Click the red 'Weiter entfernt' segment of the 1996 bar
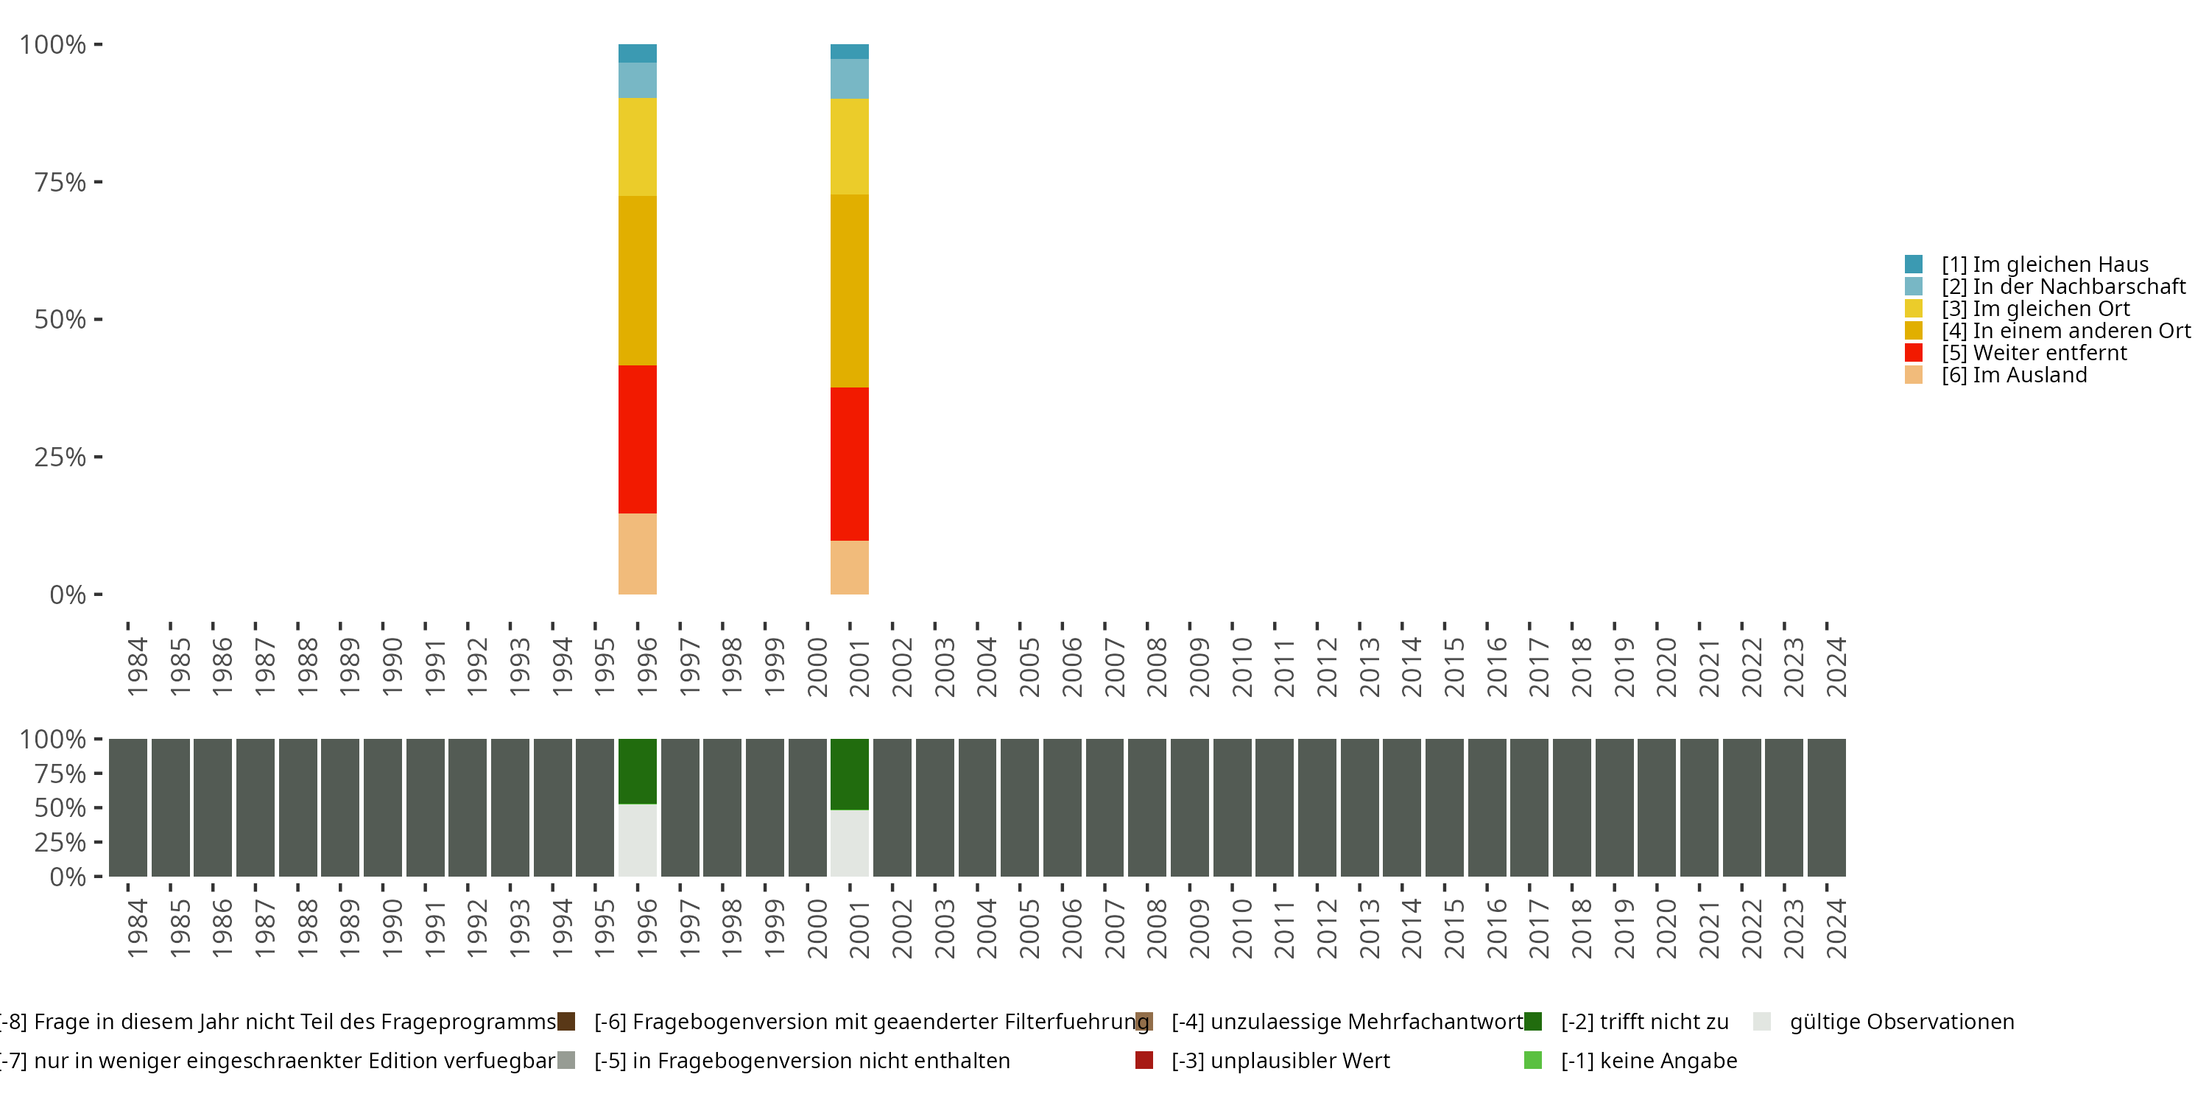click(637, 439)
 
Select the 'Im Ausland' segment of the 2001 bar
click(849, 567)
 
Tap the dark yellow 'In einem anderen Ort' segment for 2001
click(849, 291)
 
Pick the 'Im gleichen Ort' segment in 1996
click(637, 147)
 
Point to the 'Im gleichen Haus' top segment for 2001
click(849, 52)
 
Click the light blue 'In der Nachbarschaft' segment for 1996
click(637, 80)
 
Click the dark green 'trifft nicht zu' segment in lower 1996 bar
click(637, 771)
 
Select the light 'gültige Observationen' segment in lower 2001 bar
click(849, 843)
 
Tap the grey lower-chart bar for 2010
click(1231, 807)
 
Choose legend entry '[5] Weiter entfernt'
click(2048, 353)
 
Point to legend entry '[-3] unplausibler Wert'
click(1280, 1060)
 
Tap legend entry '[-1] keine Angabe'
click(1647, 1060)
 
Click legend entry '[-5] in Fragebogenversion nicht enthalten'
click(801, 1060)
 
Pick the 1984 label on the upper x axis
click(137, 667)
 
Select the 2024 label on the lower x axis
click(1836, 928)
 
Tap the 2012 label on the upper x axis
click(1327, 667)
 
